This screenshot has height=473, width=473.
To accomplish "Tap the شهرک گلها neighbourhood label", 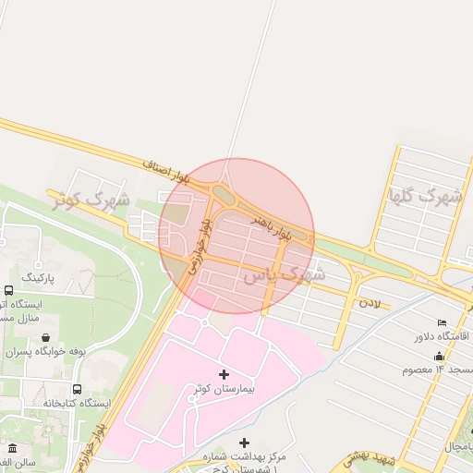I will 426,196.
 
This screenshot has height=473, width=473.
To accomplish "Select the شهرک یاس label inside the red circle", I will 285,274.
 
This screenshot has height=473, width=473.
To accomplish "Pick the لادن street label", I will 370,303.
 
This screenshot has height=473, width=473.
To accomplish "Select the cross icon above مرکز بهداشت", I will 244,443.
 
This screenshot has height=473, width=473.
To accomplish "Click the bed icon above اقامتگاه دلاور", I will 441,321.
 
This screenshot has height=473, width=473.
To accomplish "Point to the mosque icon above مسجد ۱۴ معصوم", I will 438,356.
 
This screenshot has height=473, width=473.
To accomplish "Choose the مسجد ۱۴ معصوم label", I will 437,370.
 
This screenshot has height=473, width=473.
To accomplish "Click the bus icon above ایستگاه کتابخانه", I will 77,388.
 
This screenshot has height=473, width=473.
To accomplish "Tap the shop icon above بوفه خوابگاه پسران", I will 46,337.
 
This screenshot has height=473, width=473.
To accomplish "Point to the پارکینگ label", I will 38,277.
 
